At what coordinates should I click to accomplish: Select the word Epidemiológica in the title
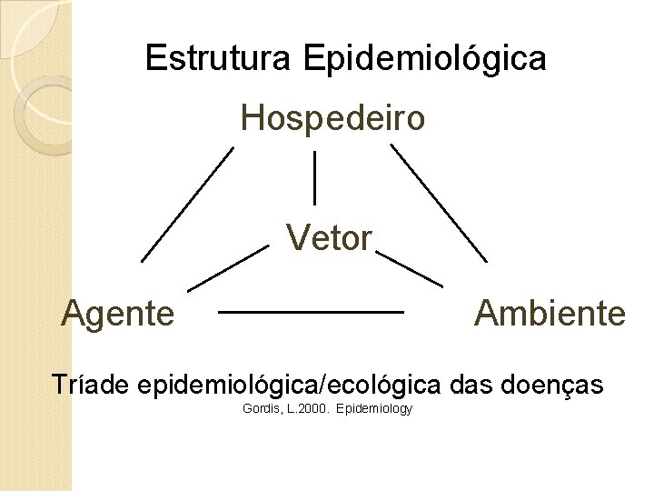pos(426,59)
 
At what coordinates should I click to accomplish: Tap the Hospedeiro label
pos(332,118)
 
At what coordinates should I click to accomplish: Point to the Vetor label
pos(329,238)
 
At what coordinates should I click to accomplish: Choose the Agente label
pos(118,314)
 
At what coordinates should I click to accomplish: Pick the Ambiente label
pos(550,314)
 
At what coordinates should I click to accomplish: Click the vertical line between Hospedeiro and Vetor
pos(314,177)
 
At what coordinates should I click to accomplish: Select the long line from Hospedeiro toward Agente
pos(187,205)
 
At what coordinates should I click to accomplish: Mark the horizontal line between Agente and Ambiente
pos(311,312)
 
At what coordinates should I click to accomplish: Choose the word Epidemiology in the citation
pos(374,409)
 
